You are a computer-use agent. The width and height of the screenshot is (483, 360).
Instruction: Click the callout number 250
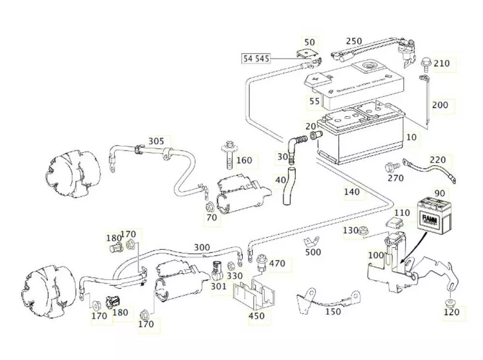pos(354,41)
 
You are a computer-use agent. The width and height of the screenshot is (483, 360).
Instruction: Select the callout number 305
pos(156,141)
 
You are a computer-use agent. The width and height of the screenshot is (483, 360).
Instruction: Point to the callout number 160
pos(244,160)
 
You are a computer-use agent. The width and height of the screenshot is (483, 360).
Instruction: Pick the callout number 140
pos(352,192)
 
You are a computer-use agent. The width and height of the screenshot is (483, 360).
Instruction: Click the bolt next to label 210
pos(426,62)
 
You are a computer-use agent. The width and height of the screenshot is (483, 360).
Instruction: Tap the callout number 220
pos(438,160)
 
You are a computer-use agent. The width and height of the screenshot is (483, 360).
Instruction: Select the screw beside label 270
pos(390,167)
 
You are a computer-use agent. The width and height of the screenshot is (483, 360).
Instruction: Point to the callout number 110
pos(402,212)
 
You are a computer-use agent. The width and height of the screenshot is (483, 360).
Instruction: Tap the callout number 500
pos(313,252)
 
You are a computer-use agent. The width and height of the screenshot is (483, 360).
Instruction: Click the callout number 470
pos(277,263)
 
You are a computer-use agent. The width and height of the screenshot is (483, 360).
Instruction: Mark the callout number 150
pos(333,312)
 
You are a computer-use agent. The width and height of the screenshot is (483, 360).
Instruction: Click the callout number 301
pos(218,287)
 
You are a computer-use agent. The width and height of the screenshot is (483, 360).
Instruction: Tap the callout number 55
pos(314,101)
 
